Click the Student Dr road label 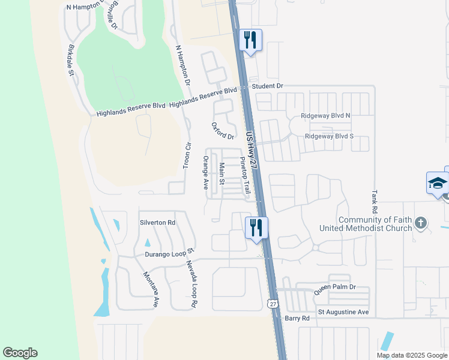pos(267,86)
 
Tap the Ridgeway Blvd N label pos(327,115)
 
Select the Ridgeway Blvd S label pos(329,136)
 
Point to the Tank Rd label pos(374,202)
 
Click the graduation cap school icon pos(437,182)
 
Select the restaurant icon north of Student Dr pos(250,40)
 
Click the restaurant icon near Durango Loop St pos(256,227)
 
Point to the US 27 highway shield pos(273,304)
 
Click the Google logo pos(20,353)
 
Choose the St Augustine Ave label pos(343,313)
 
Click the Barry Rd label pos(297,318)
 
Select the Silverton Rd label pos(157,222)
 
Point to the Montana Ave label pos(150,290)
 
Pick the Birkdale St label pos(71,61)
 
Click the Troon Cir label pos(187,155)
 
